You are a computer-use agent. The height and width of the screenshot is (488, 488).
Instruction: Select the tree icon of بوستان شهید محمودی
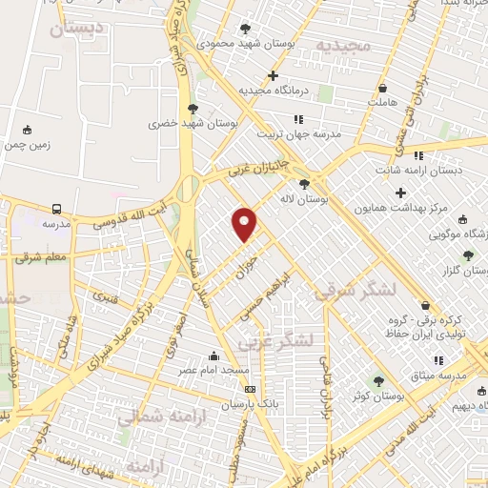click(x=247, y=29)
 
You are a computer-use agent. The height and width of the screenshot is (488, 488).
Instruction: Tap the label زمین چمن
click(x=27, y=146)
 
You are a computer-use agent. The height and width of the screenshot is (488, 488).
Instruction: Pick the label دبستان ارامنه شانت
click(x=429, y=170)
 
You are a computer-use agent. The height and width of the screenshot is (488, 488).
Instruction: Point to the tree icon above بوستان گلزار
click(x=467, y=254)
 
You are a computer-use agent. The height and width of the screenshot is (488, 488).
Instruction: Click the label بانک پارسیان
click(x=228, y=404)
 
